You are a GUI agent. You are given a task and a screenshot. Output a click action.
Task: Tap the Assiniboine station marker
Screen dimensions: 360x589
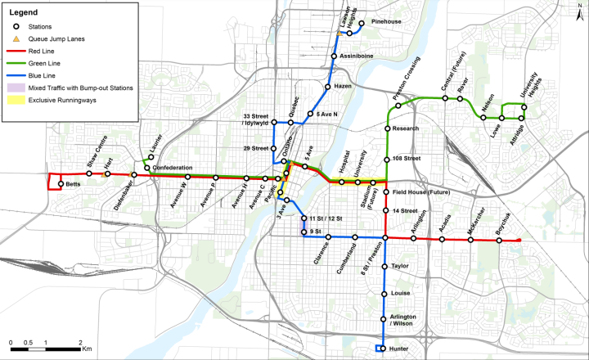click(x=334, y=56)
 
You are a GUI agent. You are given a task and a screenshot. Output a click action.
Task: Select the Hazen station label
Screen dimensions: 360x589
click(x=342, y=86)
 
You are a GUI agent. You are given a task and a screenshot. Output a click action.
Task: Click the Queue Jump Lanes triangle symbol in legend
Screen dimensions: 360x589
click(x=16, y=38)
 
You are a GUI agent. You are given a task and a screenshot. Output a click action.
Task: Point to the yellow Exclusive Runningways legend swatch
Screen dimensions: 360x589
click(x=16, y=99)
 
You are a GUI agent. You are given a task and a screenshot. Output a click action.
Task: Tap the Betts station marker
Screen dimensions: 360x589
click(x=61, y=184)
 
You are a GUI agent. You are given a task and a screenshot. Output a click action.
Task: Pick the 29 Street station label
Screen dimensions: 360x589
click(x=255, y=148)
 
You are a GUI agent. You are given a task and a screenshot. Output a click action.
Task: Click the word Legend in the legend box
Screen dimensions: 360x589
click(x=24, y=12)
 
